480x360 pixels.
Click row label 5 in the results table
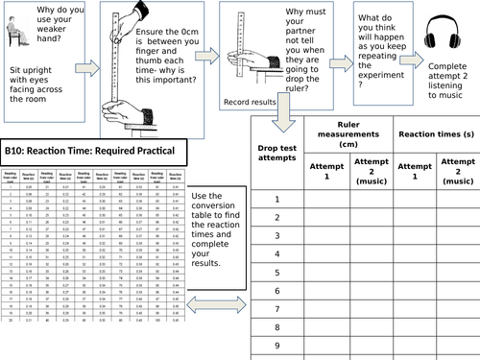[x=276, y=273]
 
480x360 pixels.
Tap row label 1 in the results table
[x=276, y=199]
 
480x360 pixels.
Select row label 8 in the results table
[x=276, y=327]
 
